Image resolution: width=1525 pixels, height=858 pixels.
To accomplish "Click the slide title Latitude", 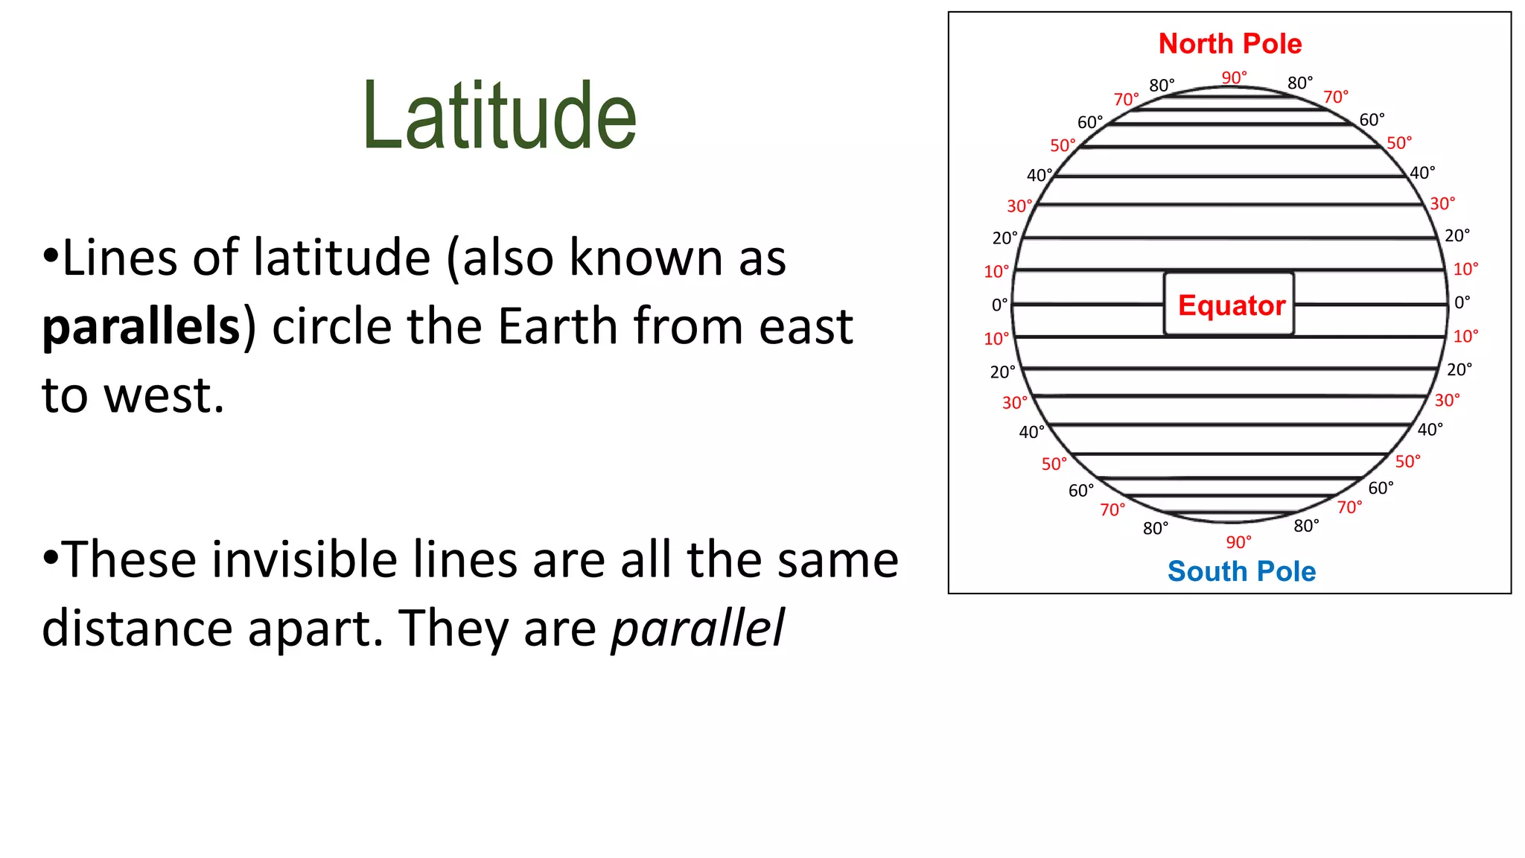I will pyautogui.click(x=499, y=117).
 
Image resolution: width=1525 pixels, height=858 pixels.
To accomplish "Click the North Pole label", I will pyautogui.click(x=1230, y=44).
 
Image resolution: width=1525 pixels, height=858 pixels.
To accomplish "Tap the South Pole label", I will pyautogui.click(x=1241, y=571).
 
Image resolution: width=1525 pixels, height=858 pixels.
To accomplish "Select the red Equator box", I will pyautogui.click(x=1229, y=305).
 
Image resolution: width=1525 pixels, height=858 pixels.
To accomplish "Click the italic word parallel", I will pyautogui.click(x=698, y=628).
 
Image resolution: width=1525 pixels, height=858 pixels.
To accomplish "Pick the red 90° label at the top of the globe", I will pyautogui.click(x=1234, y=77).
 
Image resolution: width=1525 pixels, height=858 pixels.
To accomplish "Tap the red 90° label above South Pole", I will pyautogui.click(x=1238, y=541).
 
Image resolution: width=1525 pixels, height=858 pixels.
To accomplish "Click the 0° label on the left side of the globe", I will pyautogui.click(x=999, y=305).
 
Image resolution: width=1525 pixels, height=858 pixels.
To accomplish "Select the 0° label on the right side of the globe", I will pyautogui.click(x=1462, y=302).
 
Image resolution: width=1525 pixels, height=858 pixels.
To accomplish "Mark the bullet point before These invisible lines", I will pyautogui.click(x=50, y=559).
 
